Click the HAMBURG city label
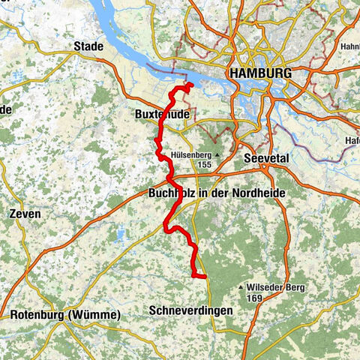[262, 73]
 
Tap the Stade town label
[88, 46]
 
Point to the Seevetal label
[267, 159]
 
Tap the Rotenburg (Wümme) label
[64, 315]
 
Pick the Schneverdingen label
[190, 310]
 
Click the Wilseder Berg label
[273, 287]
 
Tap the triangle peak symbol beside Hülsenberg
[217, 155]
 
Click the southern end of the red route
[205, 277]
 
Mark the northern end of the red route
[191, 85]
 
